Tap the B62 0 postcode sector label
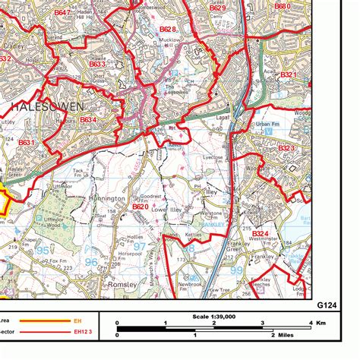(141, 206)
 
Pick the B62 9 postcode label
(217, 8)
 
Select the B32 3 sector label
(286, 147)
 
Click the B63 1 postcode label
(27, 142)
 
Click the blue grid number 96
(90, 261)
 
